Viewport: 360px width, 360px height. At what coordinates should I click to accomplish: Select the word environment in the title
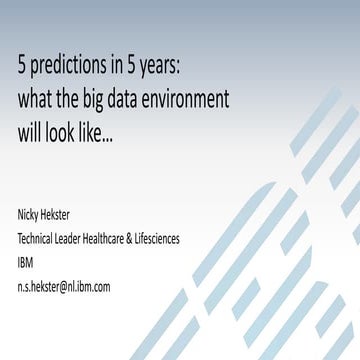click(x=183, y=100)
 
